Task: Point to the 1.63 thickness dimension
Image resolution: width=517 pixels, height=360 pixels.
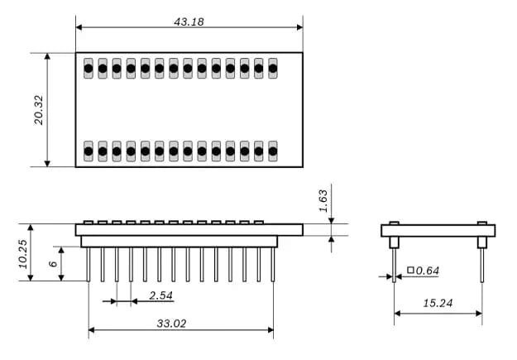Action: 323,200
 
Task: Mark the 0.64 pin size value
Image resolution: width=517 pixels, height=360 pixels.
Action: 428,271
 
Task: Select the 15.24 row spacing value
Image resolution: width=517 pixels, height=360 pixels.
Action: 438,304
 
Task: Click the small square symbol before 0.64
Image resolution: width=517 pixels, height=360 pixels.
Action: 410,271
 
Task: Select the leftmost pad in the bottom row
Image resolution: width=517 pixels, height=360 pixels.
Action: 89,151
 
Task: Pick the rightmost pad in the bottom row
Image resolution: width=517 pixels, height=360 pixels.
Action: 272,151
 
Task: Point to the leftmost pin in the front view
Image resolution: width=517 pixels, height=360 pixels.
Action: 89,264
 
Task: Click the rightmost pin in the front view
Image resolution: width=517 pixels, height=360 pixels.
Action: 272,264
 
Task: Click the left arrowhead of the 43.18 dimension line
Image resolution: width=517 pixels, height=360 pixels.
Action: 79,27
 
